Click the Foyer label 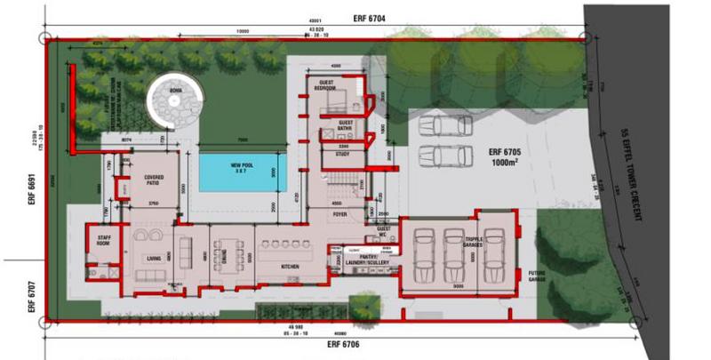click(340, 214)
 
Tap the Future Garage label click(537, 276)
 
